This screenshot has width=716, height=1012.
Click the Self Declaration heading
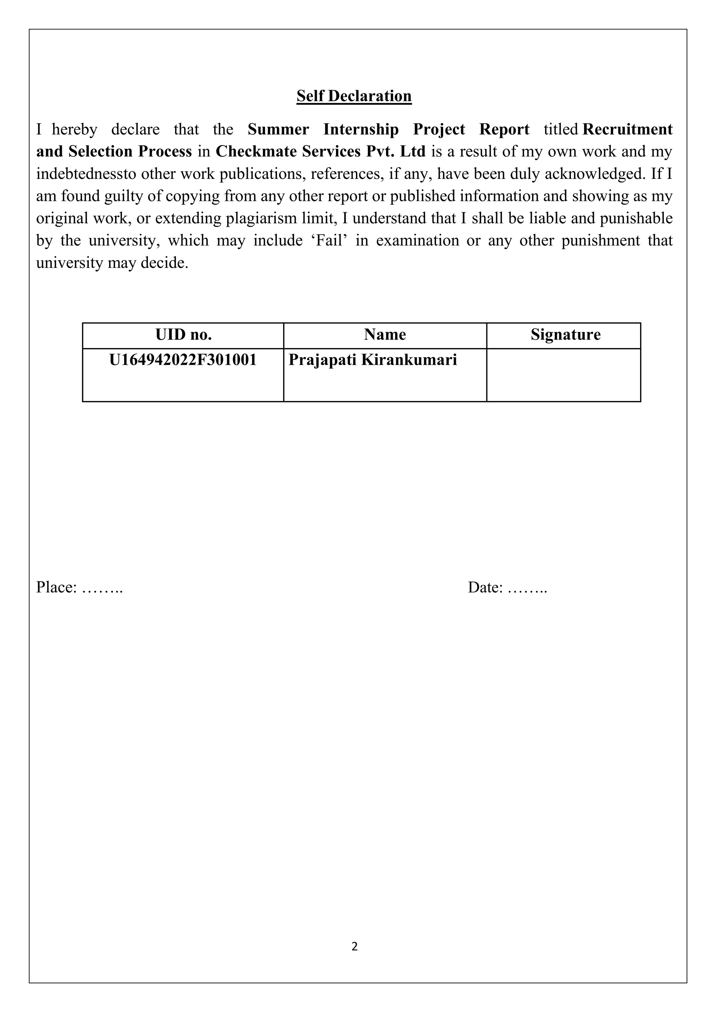pos(354,96)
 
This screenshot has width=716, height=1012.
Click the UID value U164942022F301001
pos(183,360)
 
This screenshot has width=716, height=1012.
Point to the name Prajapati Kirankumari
pos(373,360)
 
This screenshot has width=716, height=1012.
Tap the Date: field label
pos(485,587)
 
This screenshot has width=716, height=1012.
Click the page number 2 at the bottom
pos(355,946)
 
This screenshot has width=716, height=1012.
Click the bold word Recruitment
pos(628,129)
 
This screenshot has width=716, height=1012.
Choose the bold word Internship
pos(361,129)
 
